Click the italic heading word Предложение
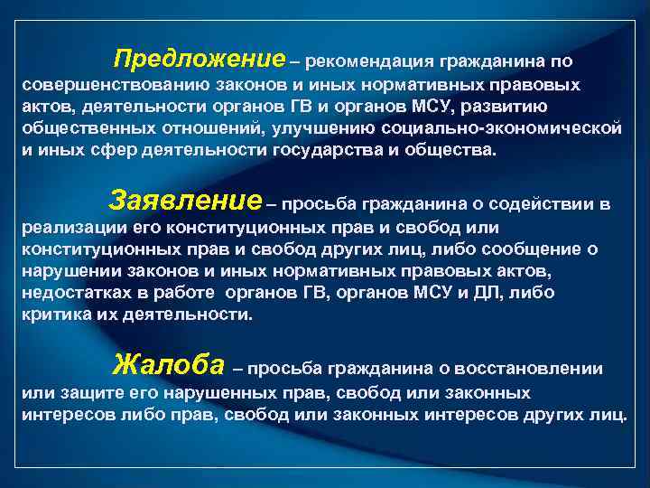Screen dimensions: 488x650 point(199,61)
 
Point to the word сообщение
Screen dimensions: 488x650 point(550,249)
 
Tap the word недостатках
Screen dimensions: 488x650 point(74,293)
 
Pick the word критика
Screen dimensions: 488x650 point(53,314)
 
